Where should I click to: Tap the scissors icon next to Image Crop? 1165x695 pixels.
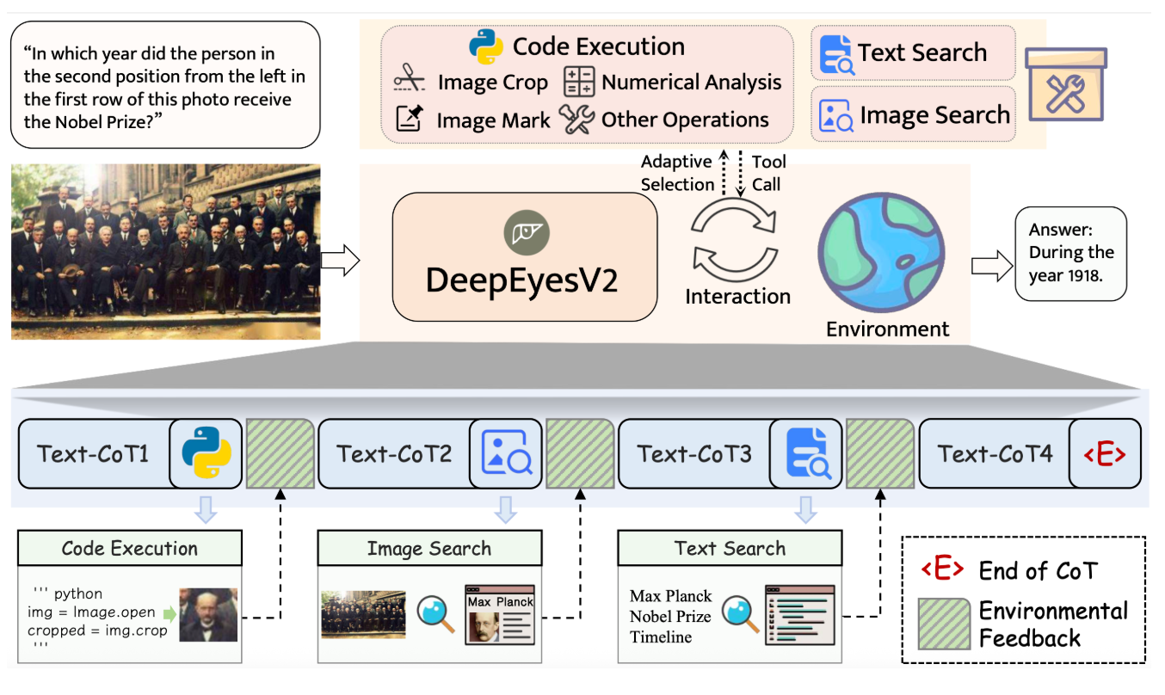[x=410, y=82]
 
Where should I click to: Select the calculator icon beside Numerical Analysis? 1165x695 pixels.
[x=579, y=82]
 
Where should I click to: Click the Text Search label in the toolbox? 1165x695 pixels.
[x=922, y=52]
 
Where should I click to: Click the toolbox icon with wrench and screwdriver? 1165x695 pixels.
[x=1066, y=86]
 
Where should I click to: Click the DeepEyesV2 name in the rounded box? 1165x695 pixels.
[x=521, y=280]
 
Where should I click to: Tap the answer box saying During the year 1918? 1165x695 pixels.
[x=1070, y=253]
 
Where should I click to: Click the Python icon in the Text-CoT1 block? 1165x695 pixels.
[x=206, y=453]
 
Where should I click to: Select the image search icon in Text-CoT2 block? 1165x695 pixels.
[x=507, y=453]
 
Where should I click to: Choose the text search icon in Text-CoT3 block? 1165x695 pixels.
[x=807, y=453]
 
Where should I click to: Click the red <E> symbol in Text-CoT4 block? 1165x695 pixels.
[x=1106, y=453]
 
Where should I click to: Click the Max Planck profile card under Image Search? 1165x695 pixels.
[x=500, y=614]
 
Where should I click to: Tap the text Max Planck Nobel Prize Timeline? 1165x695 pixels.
[x=671, y=616]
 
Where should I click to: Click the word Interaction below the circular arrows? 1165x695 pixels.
[x=737, y=296]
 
